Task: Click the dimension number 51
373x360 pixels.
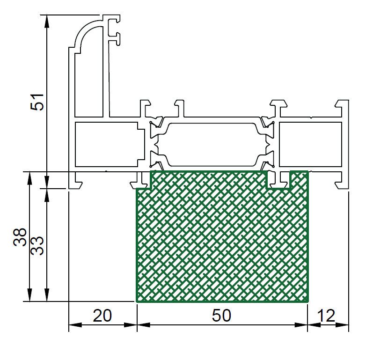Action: click(38, 102)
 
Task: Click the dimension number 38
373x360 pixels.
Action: click(20, 237)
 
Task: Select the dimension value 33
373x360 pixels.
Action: click(38, 246)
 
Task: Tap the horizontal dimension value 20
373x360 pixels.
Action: click(102, 316)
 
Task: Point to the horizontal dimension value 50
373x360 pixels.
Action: click(221, 316)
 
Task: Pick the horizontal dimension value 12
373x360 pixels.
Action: click(326, 316)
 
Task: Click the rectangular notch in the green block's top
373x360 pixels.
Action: click(278, 180)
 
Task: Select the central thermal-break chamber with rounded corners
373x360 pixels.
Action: click(213, 144)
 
